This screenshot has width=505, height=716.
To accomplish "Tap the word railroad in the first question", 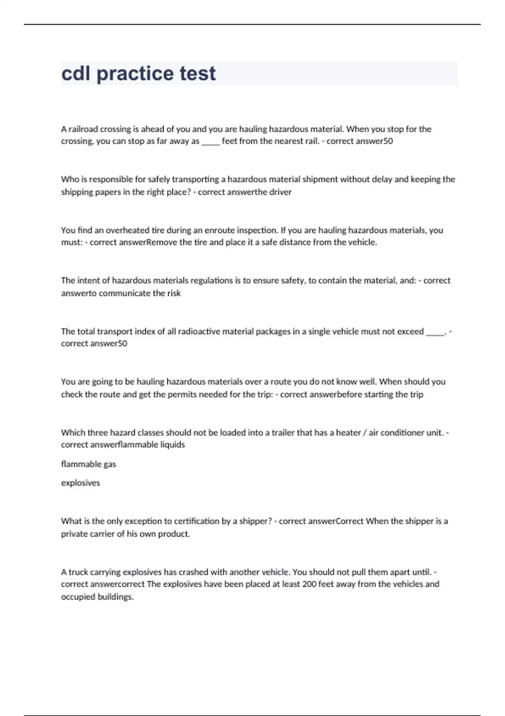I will pyautogui.click(x=82, y=129).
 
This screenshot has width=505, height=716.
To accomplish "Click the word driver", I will pyautogui.click(x=280, y=192).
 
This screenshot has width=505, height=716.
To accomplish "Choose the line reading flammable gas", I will pyautogui.click(x=88, y=464).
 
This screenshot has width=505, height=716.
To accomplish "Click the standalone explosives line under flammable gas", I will pyautogui.click(x=80, y=483).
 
